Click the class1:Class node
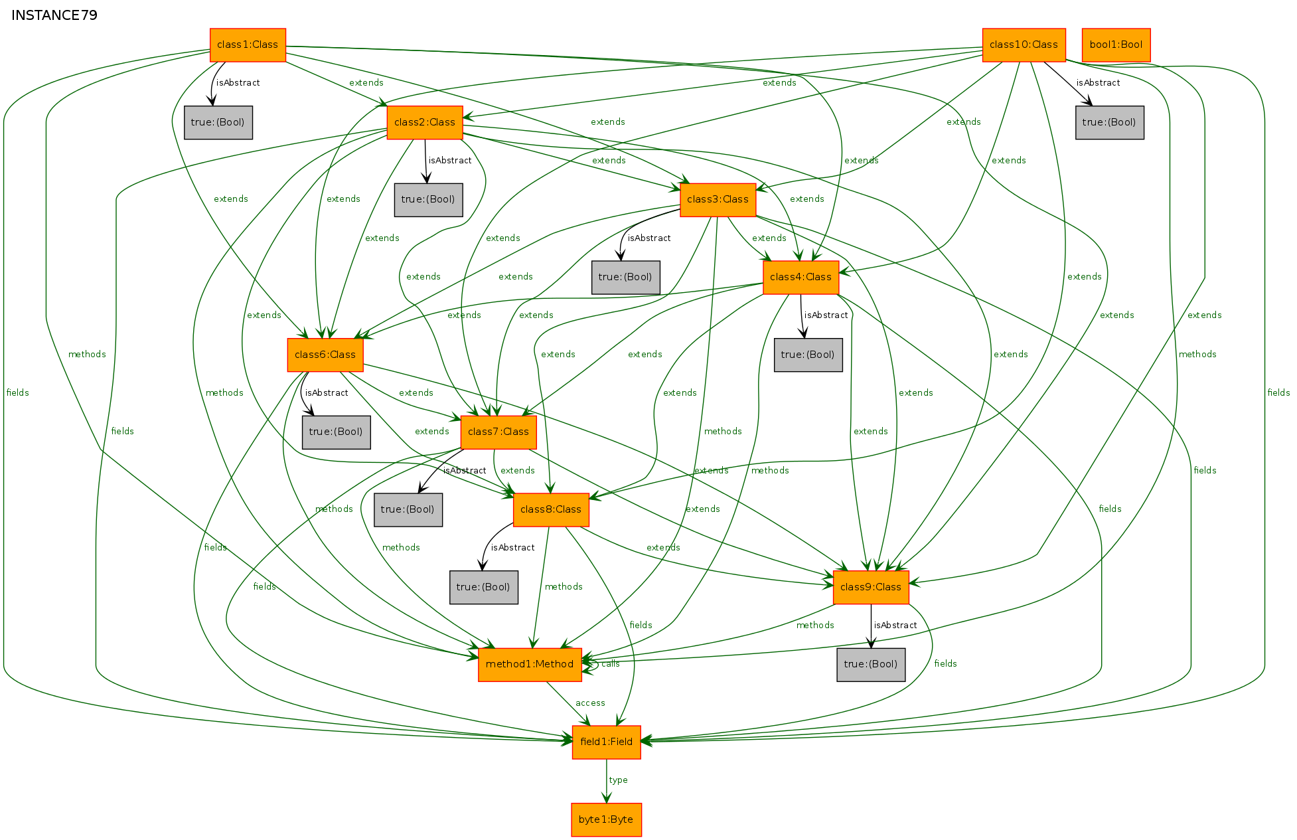coord(248,45)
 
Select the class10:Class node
coord(1024,45)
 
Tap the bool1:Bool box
coord(1116,45)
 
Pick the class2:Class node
coord(425,123)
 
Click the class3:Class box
coord(718,200)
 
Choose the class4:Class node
coord(801,278)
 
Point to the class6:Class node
coord(325,355)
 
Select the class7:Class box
coord(498,432)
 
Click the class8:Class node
coord(551,510)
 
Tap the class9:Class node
coord(871,588)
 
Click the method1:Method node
coord(530,665)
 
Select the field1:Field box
coord(606,742)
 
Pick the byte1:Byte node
coord(606,820)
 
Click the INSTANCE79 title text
coord(54,15)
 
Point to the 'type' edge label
coord(618,780)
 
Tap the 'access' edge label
coord(590,703)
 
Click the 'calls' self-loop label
coord(611,664)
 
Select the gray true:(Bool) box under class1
coord(218,123)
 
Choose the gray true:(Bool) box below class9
coord(871,665)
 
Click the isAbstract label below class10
coord(1098,83)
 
